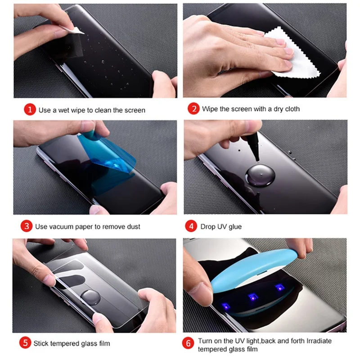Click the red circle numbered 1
point(30,110)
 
